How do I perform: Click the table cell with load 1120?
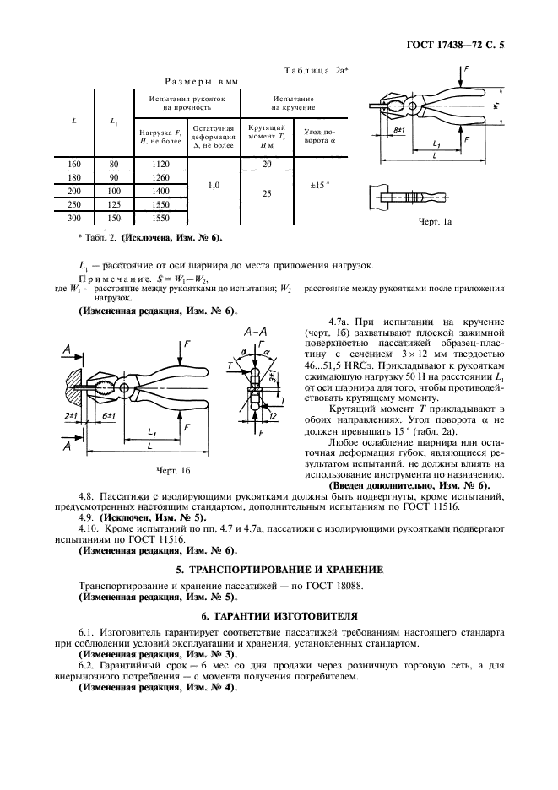(x=160, y=165)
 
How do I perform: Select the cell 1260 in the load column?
(x=160, y=178)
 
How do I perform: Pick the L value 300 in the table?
(x=73, y=219)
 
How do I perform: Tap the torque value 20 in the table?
(x=267, y=165)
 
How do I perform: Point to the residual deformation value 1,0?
(x=212, y=185)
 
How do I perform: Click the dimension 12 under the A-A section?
(x=274, y=415)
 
